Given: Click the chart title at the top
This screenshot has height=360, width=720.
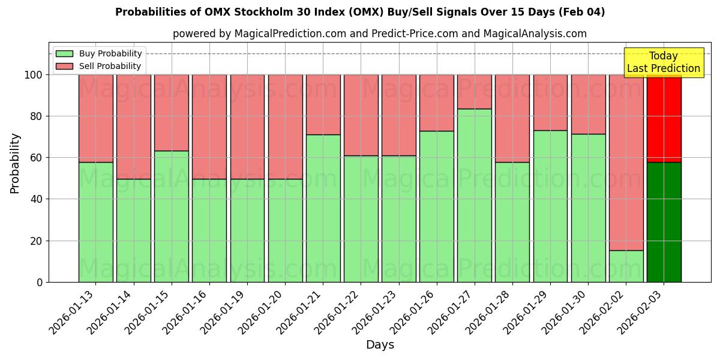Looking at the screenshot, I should [x=360, y=12].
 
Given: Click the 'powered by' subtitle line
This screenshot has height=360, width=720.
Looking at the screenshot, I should [x=379, y=34].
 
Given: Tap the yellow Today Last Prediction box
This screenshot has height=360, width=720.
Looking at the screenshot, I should [x=663, y=62].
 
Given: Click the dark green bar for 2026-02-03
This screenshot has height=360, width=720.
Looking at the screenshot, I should [x=664, y=222].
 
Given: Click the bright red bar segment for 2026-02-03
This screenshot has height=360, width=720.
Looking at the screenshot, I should [x=664, y=118].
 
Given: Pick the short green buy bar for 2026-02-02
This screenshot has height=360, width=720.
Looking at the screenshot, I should [x=626, y=266].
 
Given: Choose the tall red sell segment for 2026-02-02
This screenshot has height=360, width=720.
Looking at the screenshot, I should [x=626, y=162].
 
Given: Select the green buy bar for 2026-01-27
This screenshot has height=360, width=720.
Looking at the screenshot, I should [x=474, y=195].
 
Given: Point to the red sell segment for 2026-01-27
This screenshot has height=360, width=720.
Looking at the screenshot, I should [x=474, y=92].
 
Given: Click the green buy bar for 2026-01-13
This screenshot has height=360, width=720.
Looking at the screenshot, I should [x=95, y=222].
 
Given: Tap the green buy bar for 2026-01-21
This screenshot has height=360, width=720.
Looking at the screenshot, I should [x=323, y=208].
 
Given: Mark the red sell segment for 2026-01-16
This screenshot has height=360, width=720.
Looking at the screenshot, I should [x=209, y=127].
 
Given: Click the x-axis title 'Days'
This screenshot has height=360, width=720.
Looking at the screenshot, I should [x=380, y=345].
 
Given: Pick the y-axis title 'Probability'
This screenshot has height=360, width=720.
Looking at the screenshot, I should [x=15, y=163].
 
